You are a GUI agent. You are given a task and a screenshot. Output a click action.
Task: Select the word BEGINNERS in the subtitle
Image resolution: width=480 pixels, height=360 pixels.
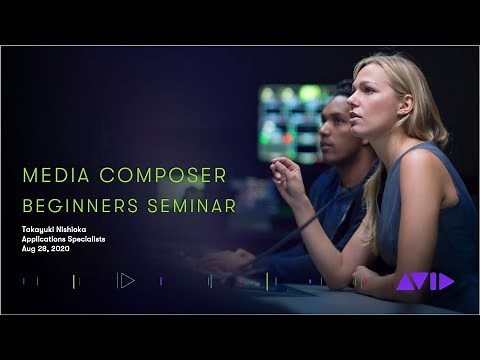(77, 206)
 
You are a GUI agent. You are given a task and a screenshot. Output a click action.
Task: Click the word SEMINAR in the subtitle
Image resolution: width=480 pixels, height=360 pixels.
(190, 206)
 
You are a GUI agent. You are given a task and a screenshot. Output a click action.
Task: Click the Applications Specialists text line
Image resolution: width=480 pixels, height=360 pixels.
(64, 239)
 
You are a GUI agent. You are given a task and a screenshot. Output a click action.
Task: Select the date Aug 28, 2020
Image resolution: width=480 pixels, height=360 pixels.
(46, 248)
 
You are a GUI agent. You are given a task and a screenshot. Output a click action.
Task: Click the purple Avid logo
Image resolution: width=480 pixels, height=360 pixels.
(424, 282)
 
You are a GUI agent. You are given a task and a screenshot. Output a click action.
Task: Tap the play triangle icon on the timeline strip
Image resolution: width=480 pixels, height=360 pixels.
(126, 280)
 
